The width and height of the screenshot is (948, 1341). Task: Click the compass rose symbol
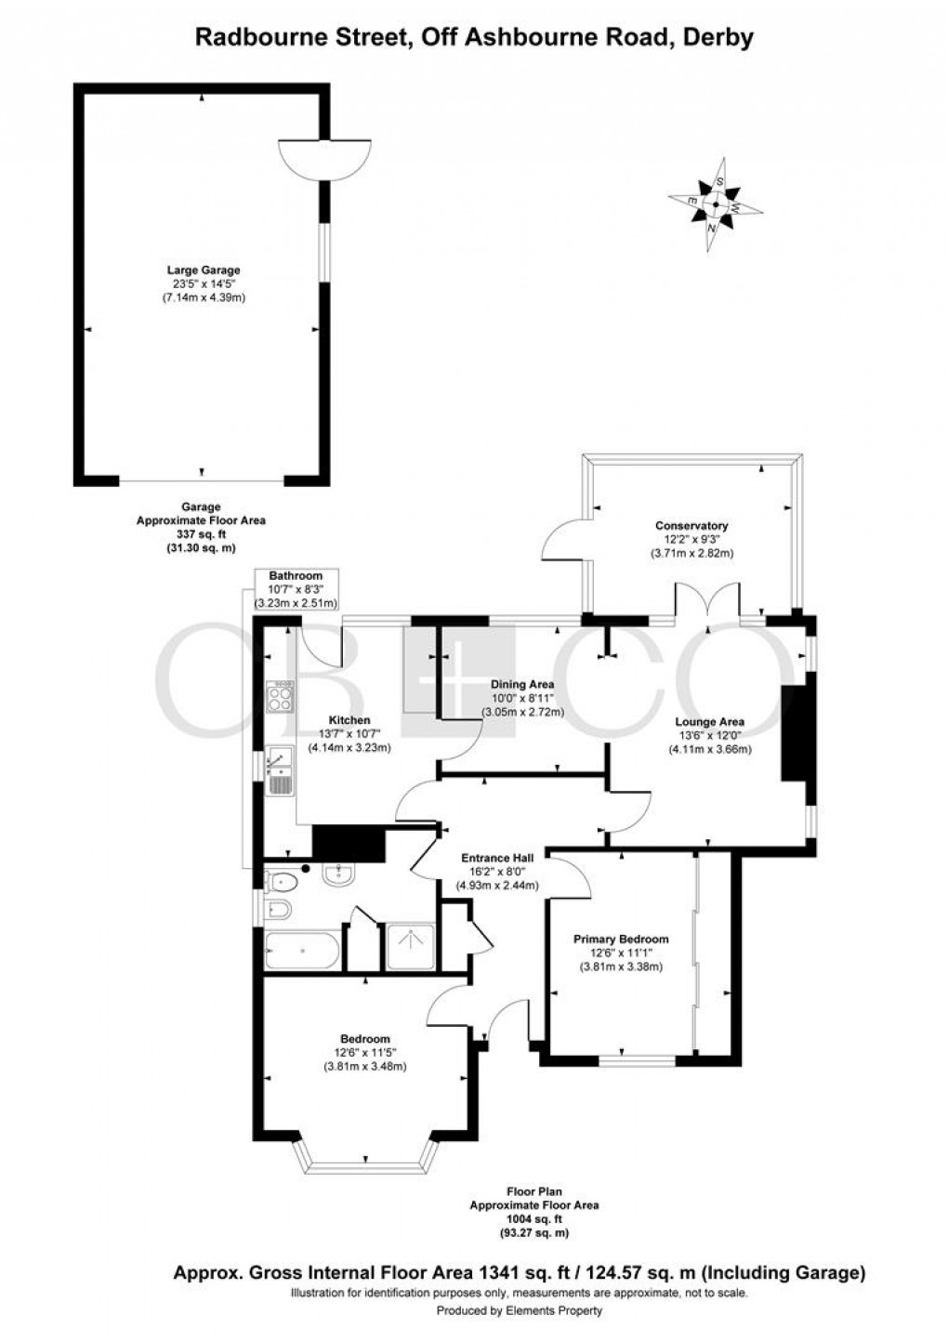(x=715, y=206)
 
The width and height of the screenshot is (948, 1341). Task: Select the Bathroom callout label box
(x=296, y=588)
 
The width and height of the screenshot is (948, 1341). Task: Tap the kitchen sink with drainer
(x=279, y=770)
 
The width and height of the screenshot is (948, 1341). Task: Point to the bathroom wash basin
(x=337, y=874)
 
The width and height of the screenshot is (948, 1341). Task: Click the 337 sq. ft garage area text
(x=201, y=534)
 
